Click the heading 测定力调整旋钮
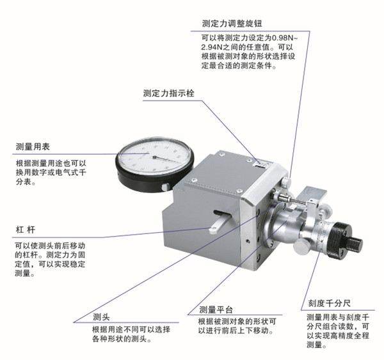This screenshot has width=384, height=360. (232, 24)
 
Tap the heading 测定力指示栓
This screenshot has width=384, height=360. (169, 93)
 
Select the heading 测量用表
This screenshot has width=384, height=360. (33, 146)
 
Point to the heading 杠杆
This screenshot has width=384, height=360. (25, 230)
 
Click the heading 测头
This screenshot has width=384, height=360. (101, 317)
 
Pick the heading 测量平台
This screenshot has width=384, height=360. (216, 310)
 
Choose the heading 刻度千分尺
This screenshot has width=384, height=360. (329, 304)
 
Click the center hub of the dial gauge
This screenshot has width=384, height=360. (154, 157)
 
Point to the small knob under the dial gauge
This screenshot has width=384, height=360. (165, 187)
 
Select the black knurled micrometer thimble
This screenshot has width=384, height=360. (339, 240)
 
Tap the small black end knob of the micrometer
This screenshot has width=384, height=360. (355, 244)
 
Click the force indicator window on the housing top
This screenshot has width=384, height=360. (261, 165)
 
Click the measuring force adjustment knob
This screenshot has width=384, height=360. (286, 182)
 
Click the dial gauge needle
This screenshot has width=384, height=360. (166, 160)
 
